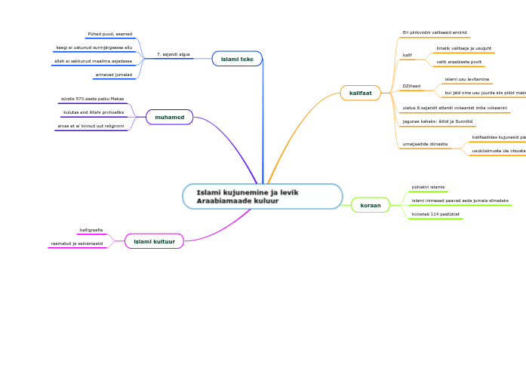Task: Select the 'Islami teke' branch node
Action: click(x=237, y=58)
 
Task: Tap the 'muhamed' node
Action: click(x=169, y=117)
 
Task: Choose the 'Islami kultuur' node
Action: click(x=154, y=241)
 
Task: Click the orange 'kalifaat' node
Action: click(x=360, y=93)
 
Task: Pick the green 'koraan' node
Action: click(x=370, y=204)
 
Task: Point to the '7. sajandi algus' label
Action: click(x=173, y=54)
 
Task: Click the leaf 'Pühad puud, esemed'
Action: click(x=109, y=34)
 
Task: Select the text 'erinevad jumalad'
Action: click(x=113, y=75)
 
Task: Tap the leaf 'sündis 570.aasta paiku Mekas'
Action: click(x=92, y=99)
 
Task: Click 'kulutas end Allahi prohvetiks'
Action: click(x=94, y=112)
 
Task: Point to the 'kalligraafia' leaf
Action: click(x=91, y=230)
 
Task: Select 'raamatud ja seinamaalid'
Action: click(x=77, y=243)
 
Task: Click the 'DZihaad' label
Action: click(x=411, y=86)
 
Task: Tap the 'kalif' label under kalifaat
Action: click(x=407, y=55)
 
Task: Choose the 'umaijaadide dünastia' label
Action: click(x=425, y=143)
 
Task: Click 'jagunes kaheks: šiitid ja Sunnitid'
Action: click(x=438, y=121)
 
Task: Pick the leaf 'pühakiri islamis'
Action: click(x=428, y=186)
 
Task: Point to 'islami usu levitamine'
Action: click(x=466, y=78)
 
